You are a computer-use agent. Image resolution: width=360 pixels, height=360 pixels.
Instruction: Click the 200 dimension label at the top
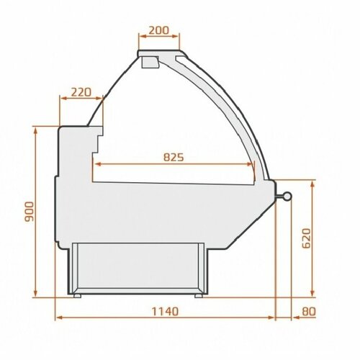click(159, 30)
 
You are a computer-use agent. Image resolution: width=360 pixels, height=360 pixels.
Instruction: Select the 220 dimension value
click(81, 92)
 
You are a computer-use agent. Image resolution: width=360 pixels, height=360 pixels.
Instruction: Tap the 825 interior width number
click(174, 158)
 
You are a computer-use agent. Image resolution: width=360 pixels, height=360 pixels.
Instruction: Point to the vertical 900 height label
click(30, 212)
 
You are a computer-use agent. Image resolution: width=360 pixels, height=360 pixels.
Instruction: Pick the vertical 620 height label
click(306, 238)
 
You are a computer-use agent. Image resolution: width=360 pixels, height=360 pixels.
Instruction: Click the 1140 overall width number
click(166, 312)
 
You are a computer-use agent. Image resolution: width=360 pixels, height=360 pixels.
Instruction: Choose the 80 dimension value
click(309, 312)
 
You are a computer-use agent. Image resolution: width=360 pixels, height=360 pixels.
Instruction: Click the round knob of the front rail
click(287, 196)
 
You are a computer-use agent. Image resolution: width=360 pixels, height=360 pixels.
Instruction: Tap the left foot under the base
click(77, 296)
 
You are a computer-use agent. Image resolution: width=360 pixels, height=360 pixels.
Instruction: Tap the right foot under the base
click(199, 296)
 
